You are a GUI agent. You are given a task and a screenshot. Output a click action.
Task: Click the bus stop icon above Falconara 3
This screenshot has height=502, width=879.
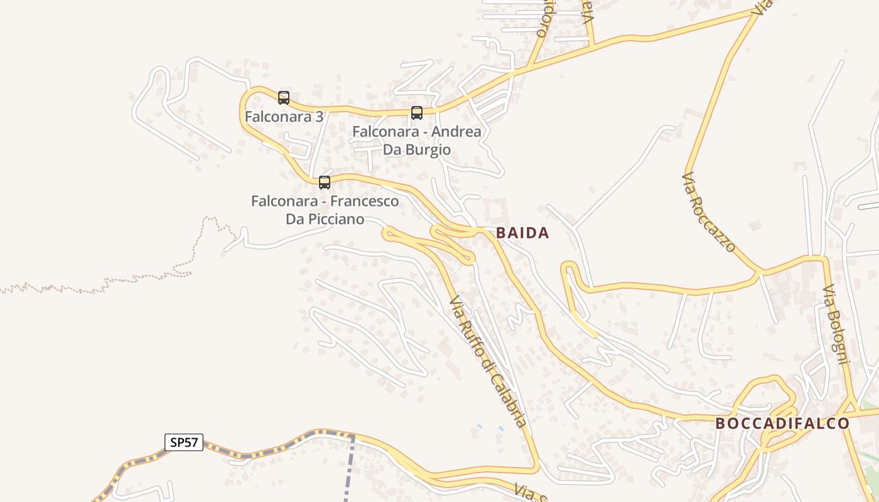(284, 97)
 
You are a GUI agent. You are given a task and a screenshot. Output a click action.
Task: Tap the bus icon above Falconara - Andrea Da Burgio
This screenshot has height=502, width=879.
(417, 113)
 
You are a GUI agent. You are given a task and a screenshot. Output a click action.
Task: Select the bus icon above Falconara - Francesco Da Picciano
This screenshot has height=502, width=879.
(325, 182)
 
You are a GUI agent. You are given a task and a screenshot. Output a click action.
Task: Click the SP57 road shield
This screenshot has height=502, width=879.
(184, 442)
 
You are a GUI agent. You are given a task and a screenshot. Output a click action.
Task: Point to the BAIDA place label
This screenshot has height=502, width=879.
(522, 233)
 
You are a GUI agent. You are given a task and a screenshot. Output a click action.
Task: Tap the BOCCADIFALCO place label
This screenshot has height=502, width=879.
(782, 424)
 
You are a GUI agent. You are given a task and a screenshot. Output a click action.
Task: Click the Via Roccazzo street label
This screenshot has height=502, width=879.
(708, 212)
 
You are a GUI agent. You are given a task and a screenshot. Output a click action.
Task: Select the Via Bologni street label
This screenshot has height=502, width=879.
(836, 324)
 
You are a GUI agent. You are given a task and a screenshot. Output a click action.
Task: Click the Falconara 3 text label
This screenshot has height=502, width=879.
(284, 117)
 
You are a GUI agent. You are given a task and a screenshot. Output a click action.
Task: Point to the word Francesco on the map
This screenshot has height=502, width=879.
(364, 201)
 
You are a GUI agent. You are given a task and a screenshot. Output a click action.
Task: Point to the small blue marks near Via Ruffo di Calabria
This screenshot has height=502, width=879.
(490, 427)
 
